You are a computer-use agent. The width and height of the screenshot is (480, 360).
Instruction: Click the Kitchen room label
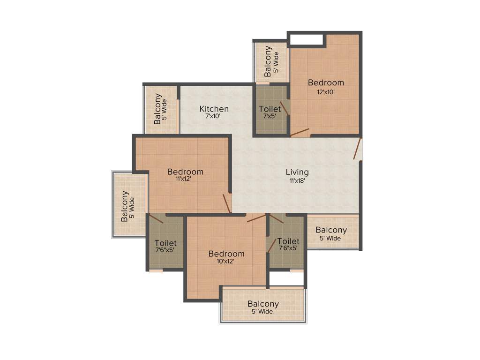click(x=214, y=109)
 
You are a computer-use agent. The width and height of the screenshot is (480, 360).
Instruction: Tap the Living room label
click(x=297, y=172)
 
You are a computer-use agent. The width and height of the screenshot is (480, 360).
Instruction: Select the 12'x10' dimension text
click(x=326, y=92)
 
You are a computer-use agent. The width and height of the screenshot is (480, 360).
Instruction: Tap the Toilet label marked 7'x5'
click(x=270, y=109)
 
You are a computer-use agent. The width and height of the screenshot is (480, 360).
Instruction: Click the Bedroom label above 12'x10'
click(x=326, y=82)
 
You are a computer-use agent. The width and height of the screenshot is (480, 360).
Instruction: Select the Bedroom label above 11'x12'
click(x=185, y=172)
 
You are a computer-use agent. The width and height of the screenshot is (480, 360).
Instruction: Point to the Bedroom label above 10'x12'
click(x=226, y=254)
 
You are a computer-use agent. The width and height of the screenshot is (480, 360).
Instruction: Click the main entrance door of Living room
click(x=358, y=149)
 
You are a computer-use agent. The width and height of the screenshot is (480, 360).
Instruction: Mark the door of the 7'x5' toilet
click(x=285, y=108)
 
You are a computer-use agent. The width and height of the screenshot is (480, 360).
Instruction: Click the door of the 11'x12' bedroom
click(x=227, y=204)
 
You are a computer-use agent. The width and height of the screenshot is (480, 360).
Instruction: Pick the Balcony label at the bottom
click(x=263, y=304)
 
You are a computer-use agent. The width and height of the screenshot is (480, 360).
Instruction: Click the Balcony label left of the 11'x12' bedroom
click(x=125, y=206)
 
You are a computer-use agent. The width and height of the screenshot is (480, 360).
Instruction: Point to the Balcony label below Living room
click(x=331, y=230)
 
